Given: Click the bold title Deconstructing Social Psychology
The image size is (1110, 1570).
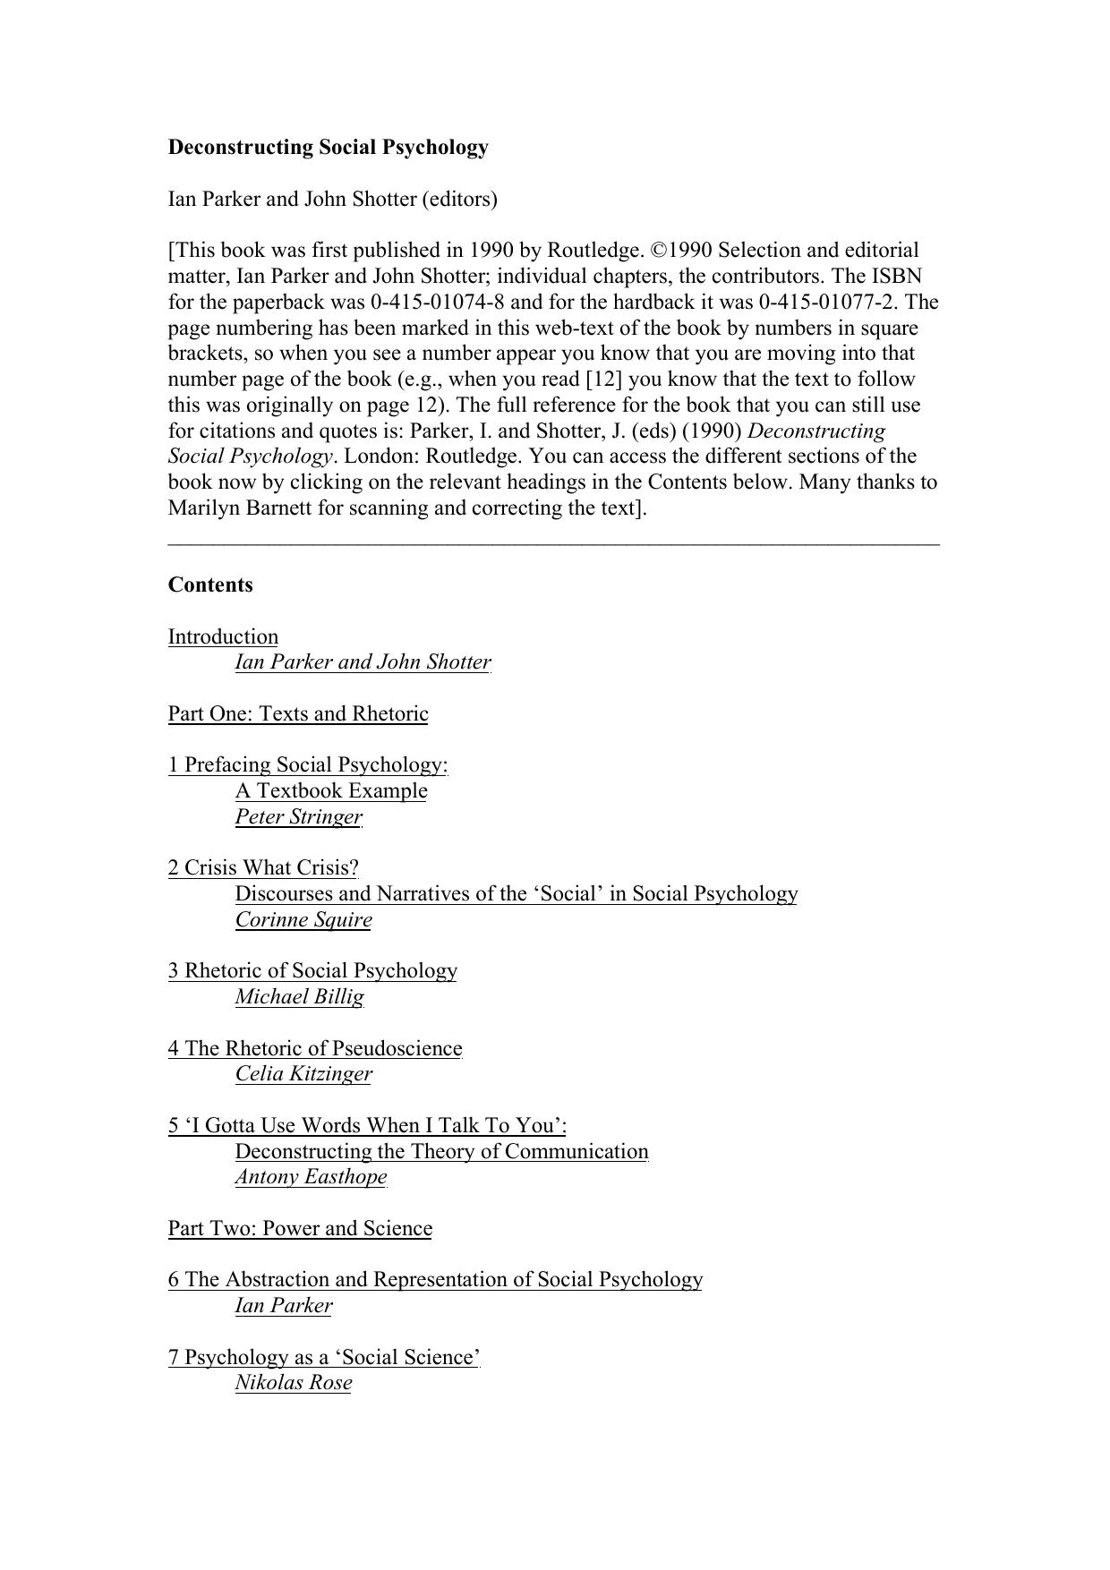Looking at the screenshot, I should (x=328, y=148).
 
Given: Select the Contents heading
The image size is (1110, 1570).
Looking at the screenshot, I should (x=210, y=585).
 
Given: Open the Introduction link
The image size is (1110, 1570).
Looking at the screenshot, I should (x=223, y=637).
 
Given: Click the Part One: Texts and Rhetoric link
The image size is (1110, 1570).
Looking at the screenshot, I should (x=298, y=714).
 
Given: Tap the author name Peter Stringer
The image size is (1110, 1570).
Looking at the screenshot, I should (x=298, y=817).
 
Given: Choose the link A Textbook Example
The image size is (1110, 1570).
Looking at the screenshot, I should (x=331, y=791).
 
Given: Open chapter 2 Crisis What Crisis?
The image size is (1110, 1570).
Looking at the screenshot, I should (x=263, y=868).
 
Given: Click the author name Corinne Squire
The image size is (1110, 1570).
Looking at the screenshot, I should (x=303, y=920).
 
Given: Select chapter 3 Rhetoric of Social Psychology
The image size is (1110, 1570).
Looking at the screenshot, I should (x=312, y=971).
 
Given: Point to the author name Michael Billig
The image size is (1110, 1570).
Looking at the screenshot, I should (x=299, y=997).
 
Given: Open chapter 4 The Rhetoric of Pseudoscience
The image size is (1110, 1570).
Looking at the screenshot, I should (x=315, y=1049).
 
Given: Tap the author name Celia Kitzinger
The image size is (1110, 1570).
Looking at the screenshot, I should (x=303, y=1074).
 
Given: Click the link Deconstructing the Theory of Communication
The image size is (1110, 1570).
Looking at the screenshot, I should (x=441, y=1152).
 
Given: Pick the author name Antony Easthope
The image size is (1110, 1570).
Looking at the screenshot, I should (x=311, y=1177).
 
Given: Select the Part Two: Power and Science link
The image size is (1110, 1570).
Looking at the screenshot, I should (x=300, y=1229).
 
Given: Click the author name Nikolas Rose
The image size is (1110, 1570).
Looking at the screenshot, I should (x=294, y=1383).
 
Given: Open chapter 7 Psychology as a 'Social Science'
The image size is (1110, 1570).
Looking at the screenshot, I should (x=324, y=1358).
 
